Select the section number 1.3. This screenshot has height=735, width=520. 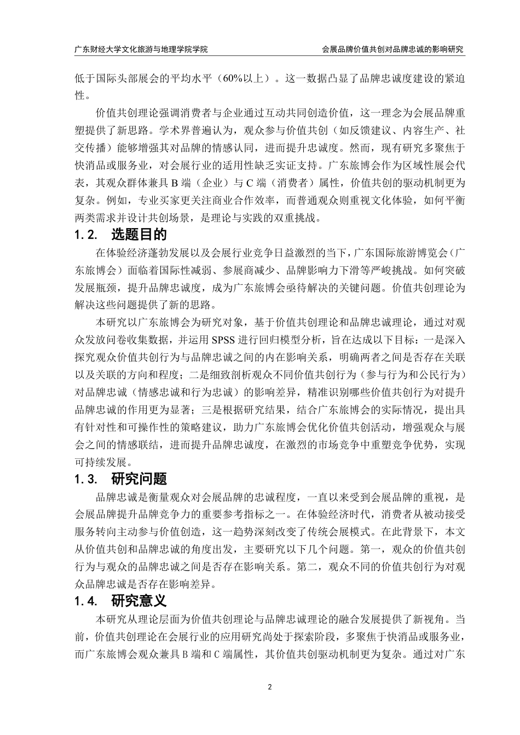pos(86,480)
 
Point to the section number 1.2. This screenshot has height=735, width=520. pos(86,235)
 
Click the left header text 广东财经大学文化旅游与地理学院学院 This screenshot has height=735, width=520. pos(141,49)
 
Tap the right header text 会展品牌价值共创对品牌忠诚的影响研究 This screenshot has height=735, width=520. pos(394,49)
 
